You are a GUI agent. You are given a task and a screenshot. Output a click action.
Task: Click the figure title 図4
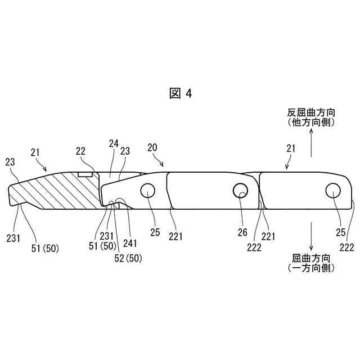point(181,94)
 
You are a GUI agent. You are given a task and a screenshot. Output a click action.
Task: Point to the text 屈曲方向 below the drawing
point(311,258)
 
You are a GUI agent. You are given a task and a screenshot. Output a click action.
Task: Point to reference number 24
point(113,144)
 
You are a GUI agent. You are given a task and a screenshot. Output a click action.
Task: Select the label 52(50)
point(127,258)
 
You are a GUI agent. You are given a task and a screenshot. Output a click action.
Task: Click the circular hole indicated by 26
point(240,191)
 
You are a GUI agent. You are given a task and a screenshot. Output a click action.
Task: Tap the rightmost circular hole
point(332,191)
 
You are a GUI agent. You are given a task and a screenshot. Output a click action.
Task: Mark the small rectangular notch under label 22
point(85,174)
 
